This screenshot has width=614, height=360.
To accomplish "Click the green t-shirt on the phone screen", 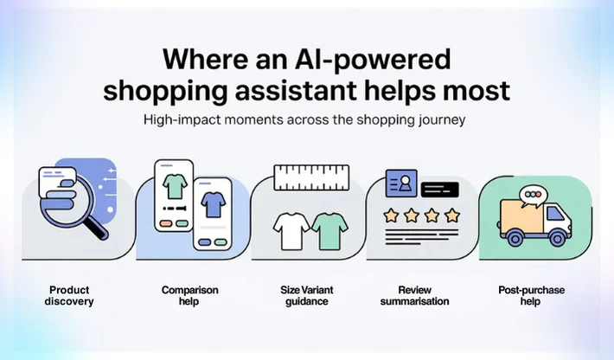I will coord(175,183).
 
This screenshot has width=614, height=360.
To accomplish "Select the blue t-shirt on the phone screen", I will coord(211,204).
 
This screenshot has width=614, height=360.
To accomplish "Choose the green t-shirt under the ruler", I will coord(329,229).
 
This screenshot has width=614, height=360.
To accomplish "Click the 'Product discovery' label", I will coord(70,295).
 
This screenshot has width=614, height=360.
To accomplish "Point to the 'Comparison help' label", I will coord(189,295).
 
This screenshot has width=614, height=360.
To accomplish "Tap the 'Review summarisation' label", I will coord(414,295).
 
